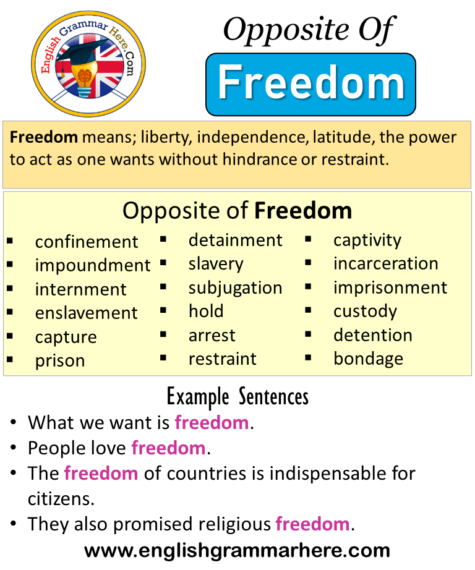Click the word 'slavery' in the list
tap(216, 265)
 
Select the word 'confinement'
tap(87, 242)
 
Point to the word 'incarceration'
tap(386, 263)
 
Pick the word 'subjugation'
tap(235, 289)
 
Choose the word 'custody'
tap(365, 312)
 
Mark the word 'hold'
tap(206, 311)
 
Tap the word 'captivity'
tap(367, 241)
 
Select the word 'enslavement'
tap(86, 313)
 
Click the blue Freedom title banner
tap(310, 84)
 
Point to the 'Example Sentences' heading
tap(237, 397)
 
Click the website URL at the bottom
tap(237, 551)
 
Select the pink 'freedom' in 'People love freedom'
tap(168, 448)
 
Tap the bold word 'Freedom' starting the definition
tap(44, 137)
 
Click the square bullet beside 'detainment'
tap(163, 239)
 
